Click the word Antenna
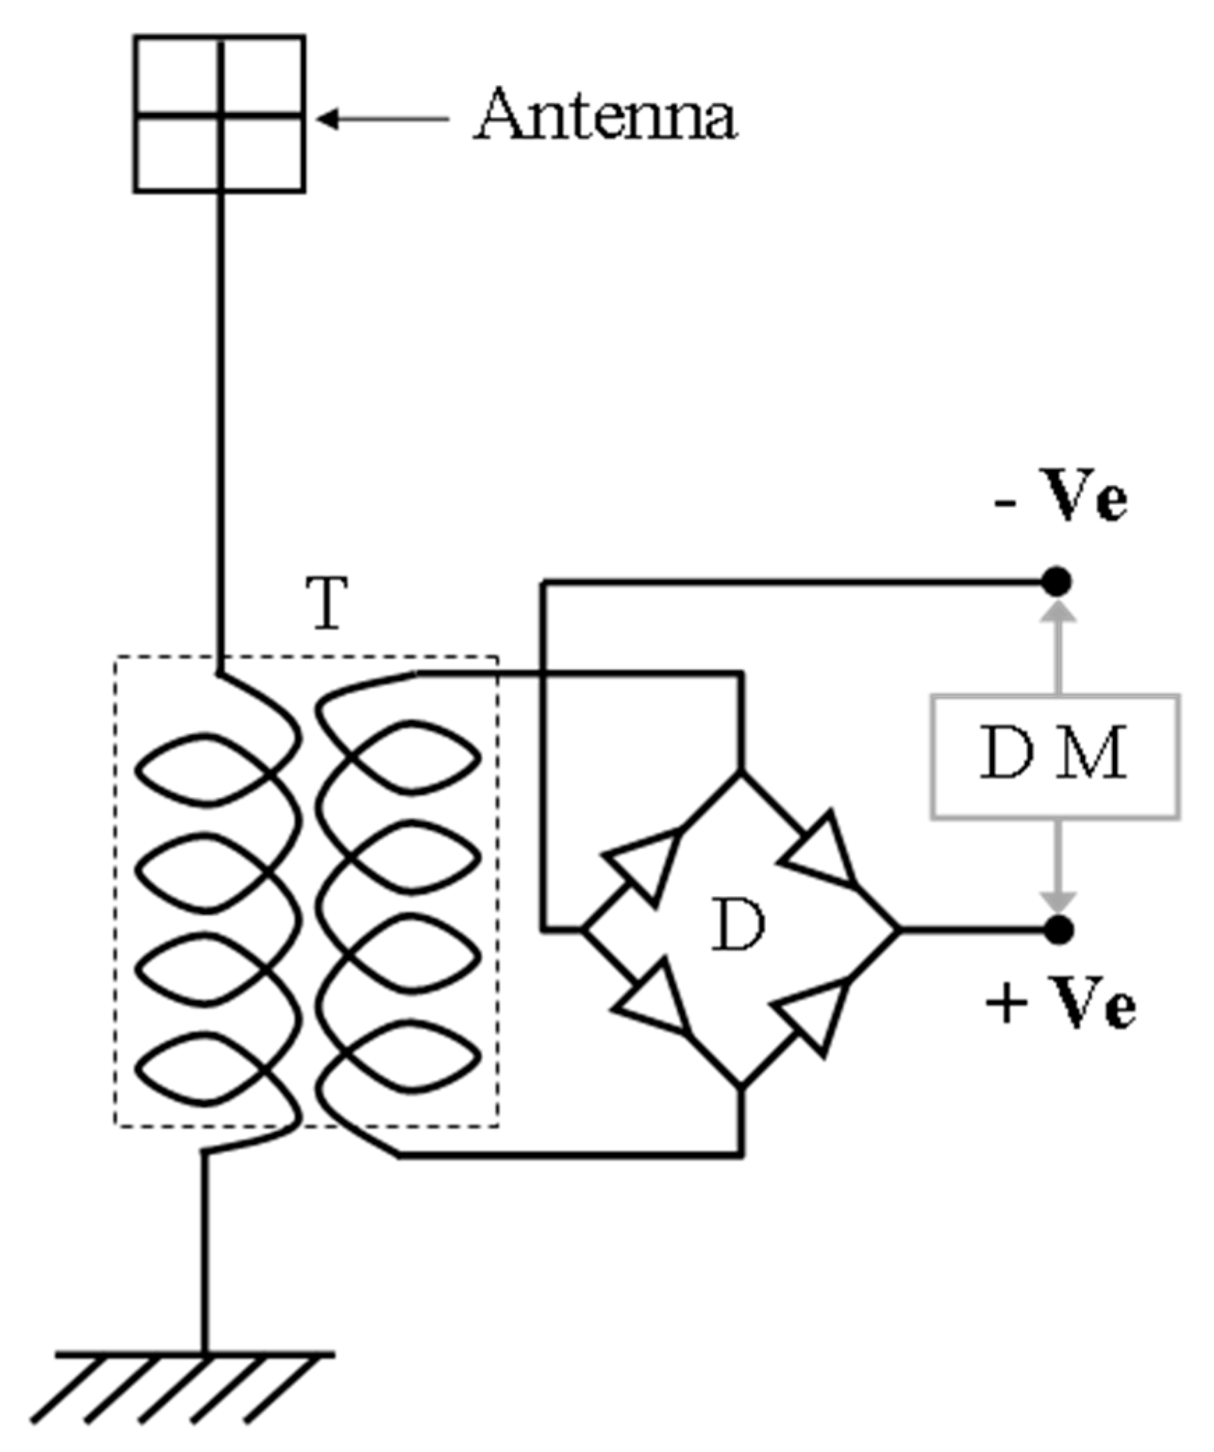[x=604, y=115]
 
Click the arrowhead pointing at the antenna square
[x=328, y=119]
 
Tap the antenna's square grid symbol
[x=220, y=114]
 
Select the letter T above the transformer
[x=327, y=603]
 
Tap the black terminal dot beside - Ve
[x=1057, y=581]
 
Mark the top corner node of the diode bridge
[x=741, y=771]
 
